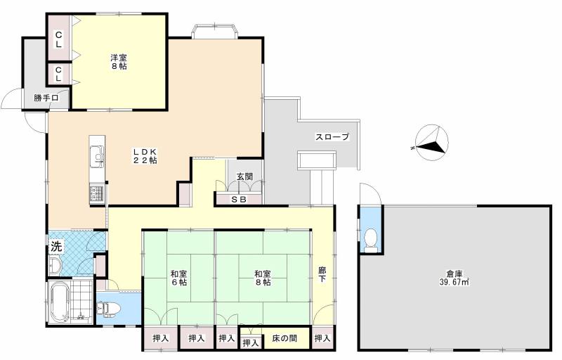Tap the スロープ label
click(x=332, y=137)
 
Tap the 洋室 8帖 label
click(x=118, y=62)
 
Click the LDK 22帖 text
click(x=145, y=155)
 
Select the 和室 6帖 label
click(x=178, y=277)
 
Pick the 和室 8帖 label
click(x=262, y=277)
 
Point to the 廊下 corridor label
click(x=322, y=274)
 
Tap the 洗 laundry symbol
click(x=55, y=247)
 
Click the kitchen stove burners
click(x=96, y=192)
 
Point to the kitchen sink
click(x=96, y=155)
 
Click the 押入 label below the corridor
click(x=322, y=338)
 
